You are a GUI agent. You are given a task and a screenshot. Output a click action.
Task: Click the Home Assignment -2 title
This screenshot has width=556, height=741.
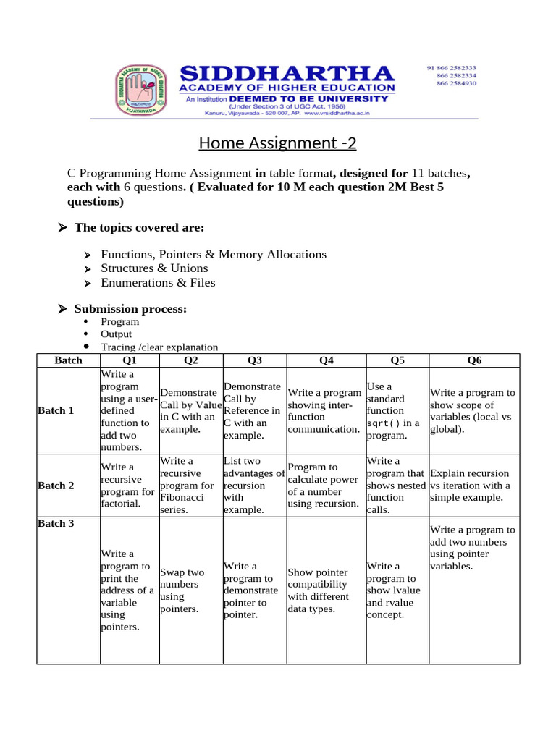click(278, 143)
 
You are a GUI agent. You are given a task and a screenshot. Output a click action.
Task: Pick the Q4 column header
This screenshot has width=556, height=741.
click(327, 360)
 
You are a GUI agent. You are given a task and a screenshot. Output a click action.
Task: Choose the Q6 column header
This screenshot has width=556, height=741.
click(474, 360)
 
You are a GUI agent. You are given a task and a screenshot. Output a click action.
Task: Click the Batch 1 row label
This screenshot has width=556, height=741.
click(56, 410)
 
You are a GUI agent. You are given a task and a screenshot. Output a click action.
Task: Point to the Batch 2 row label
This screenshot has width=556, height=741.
click(56, 486)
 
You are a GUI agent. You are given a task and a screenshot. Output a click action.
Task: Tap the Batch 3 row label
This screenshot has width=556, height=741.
click(56, 523)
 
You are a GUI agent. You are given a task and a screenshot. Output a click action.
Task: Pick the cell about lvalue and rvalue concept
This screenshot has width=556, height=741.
click(392, 590)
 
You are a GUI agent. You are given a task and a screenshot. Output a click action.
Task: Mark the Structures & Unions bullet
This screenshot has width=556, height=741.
click(154, 268)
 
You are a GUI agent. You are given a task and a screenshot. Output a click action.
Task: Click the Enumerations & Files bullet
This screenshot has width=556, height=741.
click(158, 282)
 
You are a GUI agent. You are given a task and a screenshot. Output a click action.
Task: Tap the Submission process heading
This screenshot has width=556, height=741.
click(130, 309)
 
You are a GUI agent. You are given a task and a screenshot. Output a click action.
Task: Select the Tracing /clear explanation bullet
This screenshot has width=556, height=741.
click(159, 347)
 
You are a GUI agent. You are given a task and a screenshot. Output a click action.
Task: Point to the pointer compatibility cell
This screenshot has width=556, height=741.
click(318, 590)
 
